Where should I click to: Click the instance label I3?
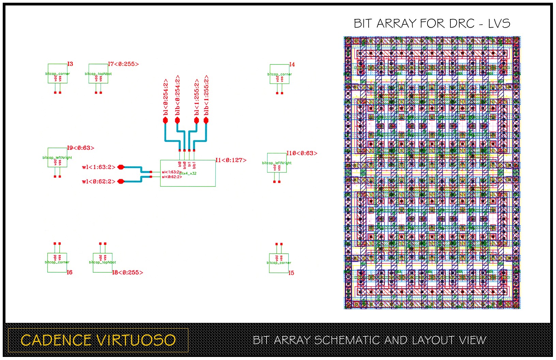click(x=70, y=64)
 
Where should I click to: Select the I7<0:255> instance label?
click(x=123, y=64)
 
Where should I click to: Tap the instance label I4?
click(x=292, y=64)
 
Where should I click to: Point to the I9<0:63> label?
click(x=80, y=148)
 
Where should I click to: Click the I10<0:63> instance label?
click(x=302, y=153)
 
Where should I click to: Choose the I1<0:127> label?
click(x=231, y=160)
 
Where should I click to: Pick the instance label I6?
click(x=69, y=272)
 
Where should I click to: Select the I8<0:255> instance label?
click(x=128, y=272)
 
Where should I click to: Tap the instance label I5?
click(x=291, y=273)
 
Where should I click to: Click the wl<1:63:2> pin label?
click(x=99, y=167)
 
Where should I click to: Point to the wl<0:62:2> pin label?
click(x=99, y=181)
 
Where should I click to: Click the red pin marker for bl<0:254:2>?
click(x=166, y=120)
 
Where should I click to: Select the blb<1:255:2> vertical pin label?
click(x=206, y=95)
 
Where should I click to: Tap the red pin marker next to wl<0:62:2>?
click(x=121, y=181)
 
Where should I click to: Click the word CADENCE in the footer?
click(x=56, y=340)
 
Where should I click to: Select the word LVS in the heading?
click(x=499, y=24)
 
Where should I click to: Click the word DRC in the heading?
click(x=462, y=24)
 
